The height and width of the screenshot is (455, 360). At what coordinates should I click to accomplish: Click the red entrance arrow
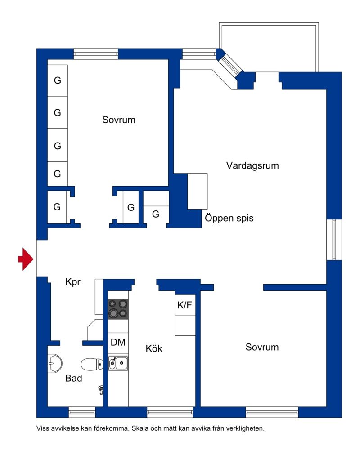[26, 259]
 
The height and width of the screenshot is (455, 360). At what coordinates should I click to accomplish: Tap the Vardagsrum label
[252, 165]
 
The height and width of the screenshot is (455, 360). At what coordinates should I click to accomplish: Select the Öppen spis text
[229, 219]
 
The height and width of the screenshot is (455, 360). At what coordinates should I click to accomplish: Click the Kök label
[154, 348]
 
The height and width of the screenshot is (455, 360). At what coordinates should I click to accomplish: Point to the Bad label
[74, 379]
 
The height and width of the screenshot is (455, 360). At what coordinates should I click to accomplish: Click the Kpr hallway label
[73, 283]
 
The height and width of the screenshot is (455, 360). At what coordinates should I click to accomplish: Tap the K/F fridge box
[185, 305]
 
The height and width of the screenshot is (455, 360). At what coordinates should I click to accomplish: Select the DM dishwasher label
[118, 342]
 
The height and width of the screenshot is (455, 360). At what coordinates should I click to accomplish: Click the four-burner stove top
[118, 308]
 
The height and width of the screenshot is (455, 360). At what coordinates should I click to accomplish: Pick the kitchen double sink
[118, 362]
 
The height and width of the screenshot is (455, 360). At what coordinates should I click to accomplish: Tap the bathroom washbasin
[55, 362]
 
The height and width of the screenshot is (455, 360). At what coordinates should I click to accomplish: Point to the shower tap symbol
[101, 388]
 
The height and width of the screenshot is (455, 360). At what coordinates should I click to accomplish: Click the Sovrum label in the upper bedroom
[119, 120]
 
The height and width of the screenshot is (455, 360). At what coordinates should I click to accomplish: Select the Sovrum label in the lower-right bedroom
[262, 347]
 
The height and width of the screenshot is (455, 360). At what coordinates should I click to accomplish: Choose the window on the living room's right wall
[334, 239]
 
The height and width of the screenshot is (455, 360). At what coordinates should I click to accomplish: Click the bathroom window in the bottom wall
[82, 411]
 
